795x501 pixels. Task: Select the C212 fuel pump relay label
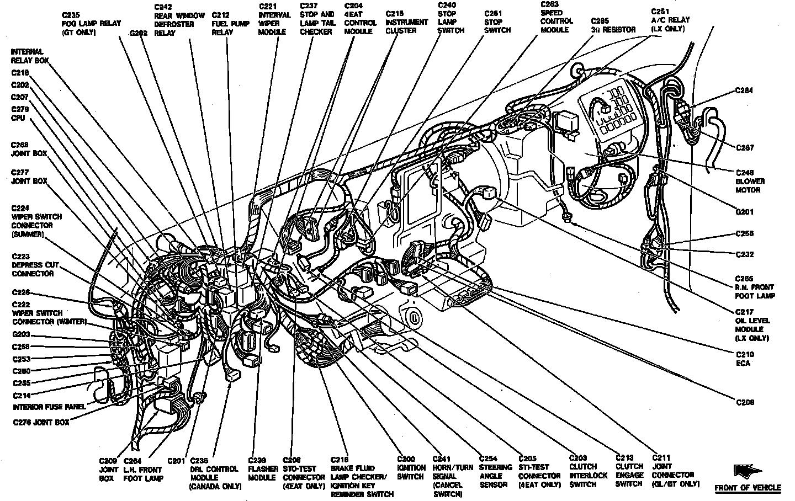click(224, 23)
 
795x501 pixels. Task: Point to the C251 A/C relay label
click(670, 19)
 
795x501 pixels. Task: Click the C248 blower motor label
click(750, 181)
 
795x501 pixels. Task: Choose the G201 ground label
click(745, 212)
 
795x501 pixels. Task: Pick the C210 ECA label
click(744, 359)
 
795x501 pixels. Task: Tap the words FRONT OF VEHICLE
click(748, 488)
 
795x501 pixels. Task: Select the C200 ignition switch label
click(411, 467)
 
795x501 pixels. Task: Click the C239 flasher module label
click(262, 468)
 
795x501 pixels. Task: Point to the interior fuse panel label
click(50, 407)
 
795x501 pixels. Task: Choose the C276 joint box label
click(42, 423)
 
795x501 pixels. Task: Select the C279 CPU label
click(20, 113)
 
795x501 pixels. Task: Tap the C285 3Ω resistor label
click(613, 26)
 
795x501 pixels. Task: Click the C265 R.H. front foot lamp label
click(755, 287)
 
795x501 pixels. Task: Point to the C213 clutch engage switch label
click(629, 471)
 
